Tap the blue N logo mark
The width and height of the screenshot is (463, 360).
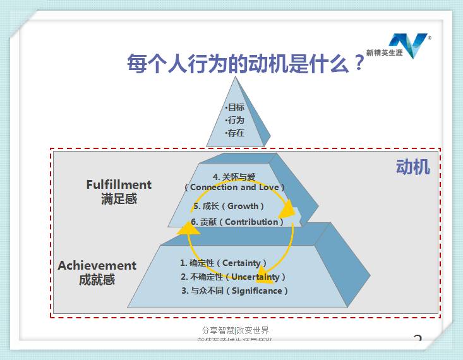(409, 45)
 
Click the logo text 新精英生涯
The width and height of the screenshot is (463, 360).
(384, 52)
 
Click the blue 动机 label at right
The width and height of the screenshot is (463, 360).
(413, 167)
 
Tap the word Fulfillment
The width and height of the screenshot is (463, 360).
(119, 184)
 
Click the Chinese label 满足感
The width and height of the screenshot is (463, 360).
(119, 199)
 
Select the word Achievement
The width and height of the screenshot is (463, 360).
(97, 265)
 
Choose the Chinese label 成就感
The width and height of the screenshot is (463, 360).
(97, 280)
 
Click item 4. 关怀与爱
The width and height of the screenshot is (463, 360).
(234, 177)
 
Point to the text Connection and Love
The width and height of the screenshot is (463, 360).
(234, 188)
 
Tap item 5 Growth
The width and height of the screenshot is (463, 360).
(229, 206)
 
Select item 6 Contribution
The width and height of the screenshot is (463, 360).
(238, 222)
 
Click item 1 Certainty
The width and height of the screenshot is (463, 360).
(224, 263)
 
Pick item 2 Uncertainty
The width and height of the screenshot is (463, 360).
(233, 277)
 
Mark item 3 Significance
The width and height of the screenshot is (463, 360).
(234, 291)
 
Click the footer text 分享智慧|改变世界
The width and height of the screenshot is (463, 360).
(235, 330)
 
